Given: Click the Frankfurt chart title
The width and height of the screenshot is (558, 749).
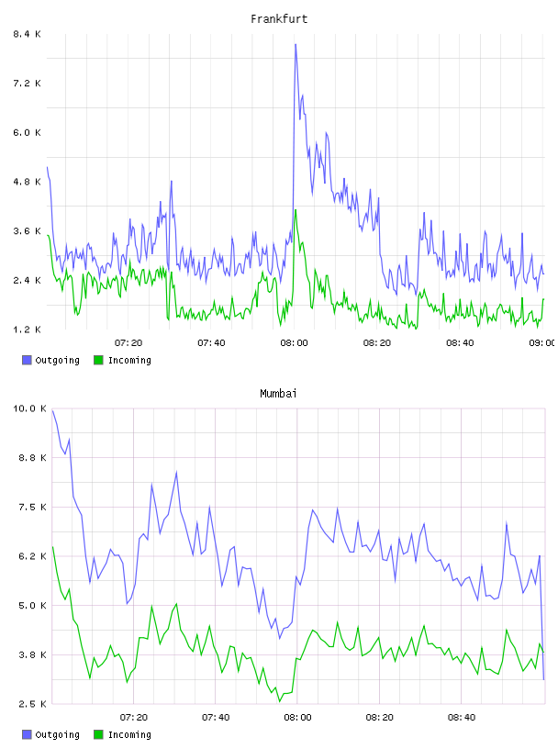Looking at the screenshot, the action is pyautogui.click(x=279, y=19).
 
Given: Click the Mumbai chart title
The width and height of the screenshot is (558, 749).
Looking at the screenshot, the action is pyautogui.click(x=278, y=394).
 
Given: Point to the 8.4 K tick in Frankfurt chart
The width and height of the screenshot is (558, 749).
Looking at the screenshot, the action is pyautogui.click(x=27, y=34).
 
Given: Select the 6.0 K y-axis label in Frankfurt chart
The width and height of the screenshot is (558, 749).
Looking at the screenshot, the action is pyautogui.click(x=27, y=132).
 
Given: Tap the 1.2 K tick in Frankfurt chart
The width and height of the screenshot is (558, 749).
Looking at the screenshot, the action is pyautogui.click(x=27, y=330).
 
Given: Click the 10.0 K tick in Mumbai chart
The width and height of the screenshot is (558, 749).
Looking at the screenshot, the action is pyautogui.click(x=29, y=408).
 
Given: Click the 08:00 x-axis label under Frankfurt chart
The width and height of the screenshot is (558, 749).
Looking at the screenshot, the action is pyautogui.click(x=295, y=342).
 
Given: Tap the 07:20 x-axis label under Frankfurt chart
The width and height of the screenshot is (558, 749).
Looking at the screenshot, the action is pyautogui.click(x=128, y=342).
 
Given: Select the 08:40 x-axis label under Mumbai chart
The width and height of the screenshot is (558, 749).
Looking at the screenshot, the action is pyautogui.click(x=462, y=717).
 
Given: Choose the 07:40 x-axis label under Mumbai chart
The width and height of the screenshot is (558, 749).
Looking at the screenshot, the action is pyautogui.click(x=216, y=717).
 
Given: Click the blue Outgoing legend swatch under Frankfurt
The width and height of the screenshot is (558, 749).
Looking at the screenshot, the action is pyautogui.click(x=27, y=360).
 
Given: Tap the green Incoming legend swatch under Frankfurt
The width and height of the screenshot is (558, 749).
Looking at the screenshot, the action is pyautogui.click(x=98, y=360).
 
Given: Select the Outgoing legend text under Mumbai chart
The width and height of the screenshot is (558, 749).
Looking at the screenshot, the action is pyautogui.click(x=57, y=734).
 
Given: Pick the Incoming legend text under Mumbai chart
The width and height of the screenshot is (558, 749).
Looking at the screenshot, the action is pyautogui.click(x=129, y=734).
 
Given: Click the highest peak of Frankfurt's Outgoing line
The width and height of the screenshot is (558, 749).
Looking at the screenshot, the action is pyautogui.click(x=296, y=44).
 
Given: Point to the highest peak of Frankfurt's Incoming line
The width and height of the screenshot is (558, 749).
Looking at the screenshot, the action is pyautogui.click(x=296, y=209).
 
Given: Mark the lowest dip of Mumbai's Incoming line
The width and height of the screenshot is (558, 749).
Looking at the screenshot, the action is pyautogui.click(x=280, y=701).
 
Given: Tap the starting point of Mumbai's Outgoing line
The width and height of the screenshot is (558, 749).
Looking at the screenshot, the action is pyautogui.click(x=52, y=410).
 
